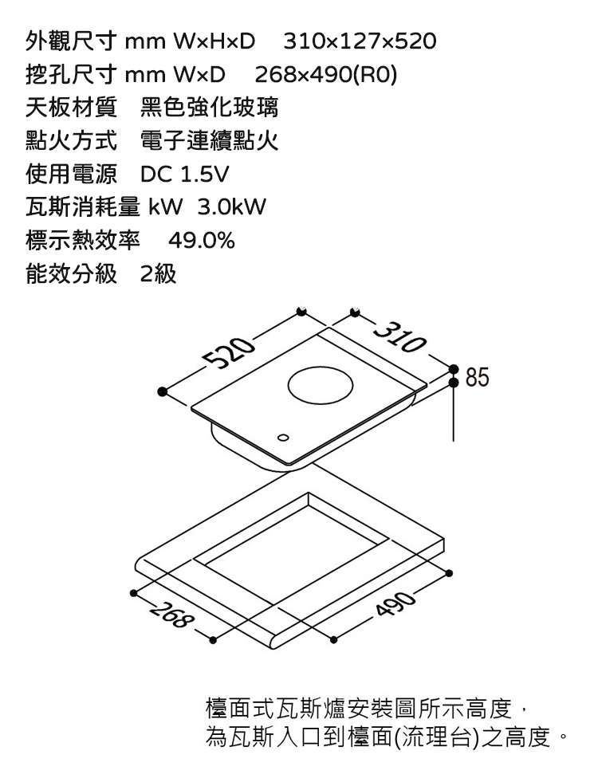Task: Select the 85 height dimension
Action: point(478,375)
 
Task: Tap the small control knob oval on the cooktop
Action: point(283,438)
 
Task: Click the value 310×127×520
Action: point(360,40)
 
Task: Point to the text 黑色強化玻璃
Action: point(208,106)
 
